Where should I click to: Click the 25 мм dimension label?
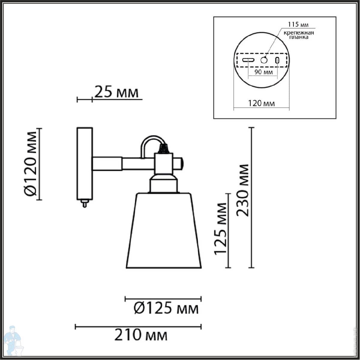[x=117, y=92]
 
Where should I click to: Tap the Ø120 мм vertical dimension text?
[x=31, y=164]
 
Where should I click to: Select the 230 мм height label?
[x=242, y=190]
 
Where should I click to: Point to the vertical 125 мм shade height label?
[x=220, y=229]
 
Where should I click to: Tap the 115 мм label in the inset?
[x=298, y=25]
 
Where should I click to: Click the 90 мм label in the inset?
[x=263, y=72]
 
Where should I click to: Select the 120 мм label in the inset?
[x=261, y=103]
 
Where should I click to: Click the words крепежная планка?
[x=299, y=35]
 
